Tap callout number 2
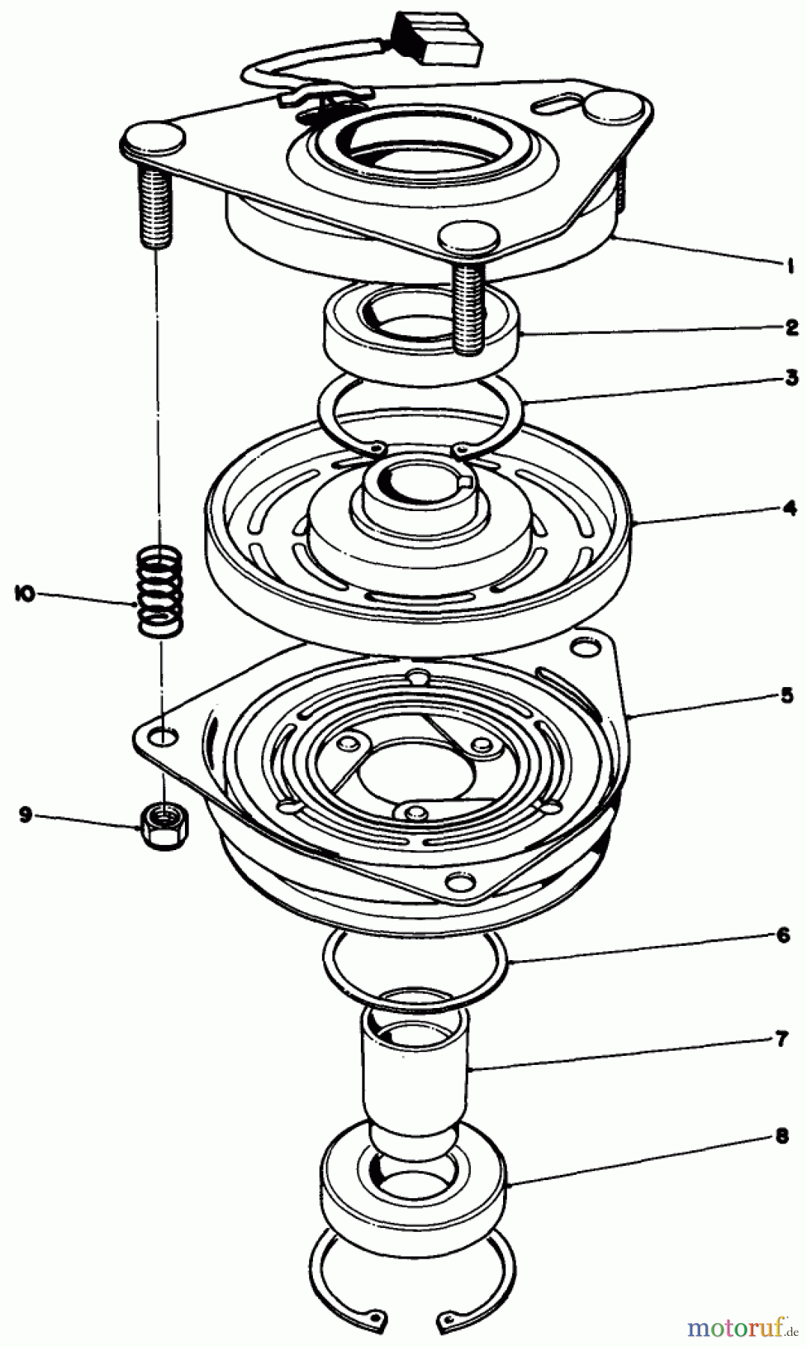791,327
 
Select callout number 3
791,378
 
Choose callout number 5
786,696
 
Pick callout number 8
782,1137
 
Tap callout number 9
26,815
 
